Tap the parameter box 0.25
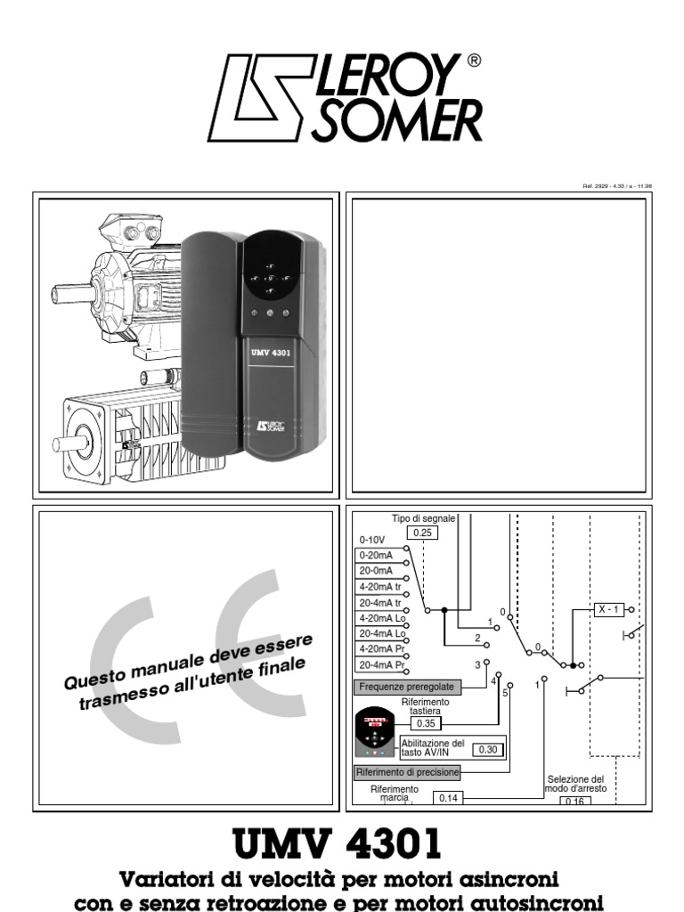(x=423, y=533)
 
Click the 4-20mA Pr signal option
(x=381, y=649)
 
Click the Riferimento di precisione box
(x=407, y=772)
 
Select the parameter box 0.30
(x=487, y=750)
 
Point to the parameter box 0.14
(x=447, y=799)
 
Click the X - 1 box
(x=609, y=610)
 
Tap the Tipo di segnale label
(x=423, y=518)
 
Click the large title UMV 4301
(x=336, y=843)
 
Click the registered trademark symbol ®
(x=474, y=61)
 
